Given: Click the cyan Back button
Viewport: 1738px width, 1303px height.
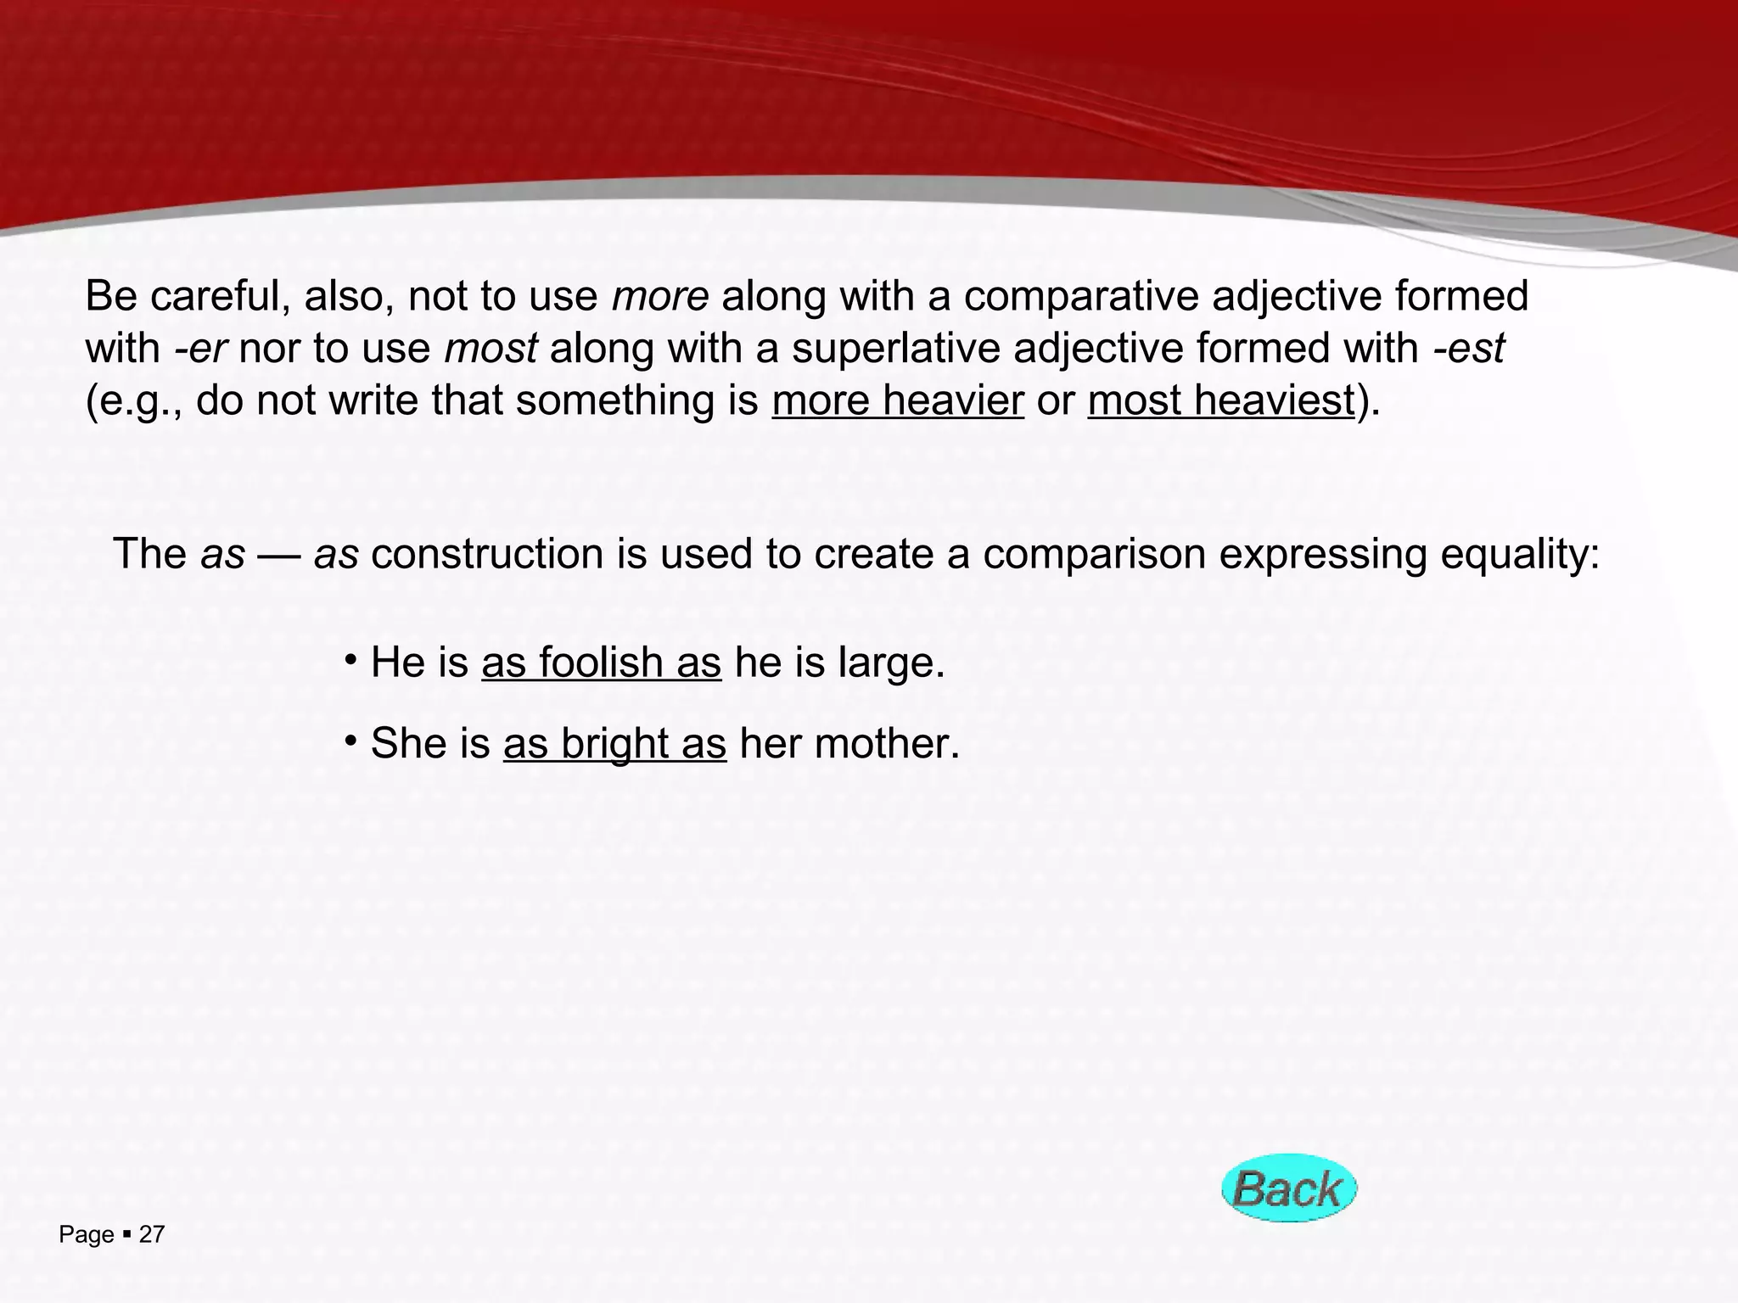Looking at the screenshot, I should click(1288, 1188).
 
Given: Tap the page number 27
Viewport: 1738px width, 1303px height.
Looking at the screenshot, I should click(152, 1235).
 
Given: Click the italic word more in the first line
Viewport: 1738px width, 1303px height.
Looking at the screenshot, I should click(660, 296).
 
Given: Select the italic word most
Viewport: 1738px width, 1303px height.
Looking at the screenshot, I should click(491, 349).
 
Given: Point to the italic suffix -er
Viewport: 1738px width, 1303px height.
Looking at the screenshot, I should click(200, 349).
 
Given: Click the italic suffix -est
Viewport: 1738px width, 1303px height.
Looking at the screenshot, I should click(1469, 349).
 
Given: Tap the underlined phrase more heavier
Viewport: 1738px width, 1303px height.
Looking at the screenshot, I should click(898, 400).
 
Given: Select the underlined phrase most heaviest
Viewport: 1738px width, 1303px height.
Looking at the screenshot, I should click(1220, 400).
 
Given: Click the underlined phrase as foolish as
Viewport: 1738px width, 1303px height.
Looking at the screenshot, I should click(601, 663).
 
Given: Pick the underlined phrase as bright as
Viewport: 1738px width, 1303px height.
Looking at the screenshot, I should click(614, 744).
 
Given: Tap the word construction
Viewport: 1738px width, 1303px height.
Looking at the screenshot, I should click(487, 555).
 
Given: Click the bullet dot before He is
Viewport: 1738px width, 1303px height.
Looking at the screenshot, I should click(350, 659).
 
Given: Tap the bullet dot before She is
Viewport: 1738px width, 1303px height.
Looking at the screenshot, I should click(350, 741).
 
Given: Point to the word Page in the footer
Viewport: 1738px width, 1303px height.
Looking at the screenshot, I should click(86, 1235).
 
